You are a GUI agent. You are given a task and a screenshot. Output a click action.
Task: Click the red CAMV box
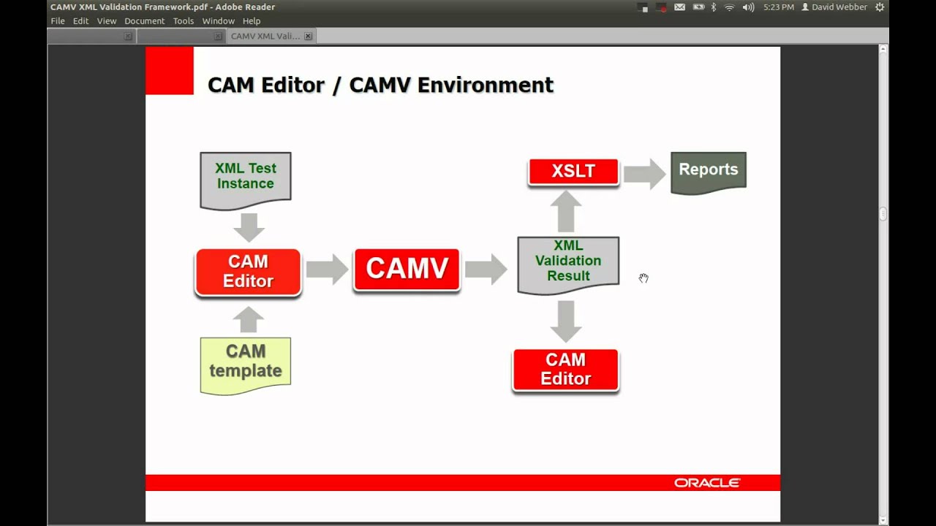click(407, 270)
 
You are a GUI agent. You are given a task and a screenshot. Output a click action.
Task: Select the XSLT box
click(573, 172)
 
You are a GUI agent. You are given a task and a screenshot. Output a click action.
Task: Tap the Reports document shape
click(708, 172)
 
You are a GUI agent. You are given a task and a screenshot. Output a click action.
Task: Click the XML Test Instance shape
click(245, 178)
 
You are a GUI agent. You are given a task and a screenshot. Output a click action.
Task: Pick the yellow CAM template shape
click(245, 363)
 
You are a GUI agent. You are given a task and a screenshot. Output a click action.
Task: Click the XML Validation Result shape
click(567, 263)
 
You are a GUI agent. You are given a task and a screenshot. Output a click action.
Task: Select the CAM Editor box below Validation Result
click(565, 370)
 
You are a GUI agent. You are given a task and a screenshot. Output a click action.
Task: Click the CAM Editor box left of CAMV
click(248, 272)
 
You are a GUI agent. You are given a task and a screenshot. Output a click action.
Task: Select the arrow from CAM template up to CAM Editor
click(249, 319)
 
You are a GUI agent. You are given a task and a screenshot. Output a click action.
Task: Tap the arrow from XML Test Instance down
click(249, 227)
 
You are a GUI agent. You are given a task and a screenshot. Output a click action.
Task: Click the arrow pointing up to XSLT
click(565, 211)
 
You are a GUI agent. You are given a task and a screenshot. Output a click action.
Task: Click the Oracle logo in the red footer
click(707, 483)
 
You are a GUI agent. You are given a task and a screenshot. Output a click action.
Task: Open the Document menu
click(144, 21)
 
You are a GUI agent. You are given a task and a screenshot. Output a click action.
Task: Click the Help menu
click(252, 21)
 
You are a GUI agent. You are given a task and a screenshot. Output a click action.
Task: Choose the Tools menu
click(184, 21)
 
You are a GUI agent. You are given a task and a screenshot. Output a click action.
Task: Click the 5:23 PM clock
click(778, 7)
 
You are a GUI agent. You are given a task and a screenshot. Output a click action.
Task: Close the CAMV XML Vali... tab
click(308, 36)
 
